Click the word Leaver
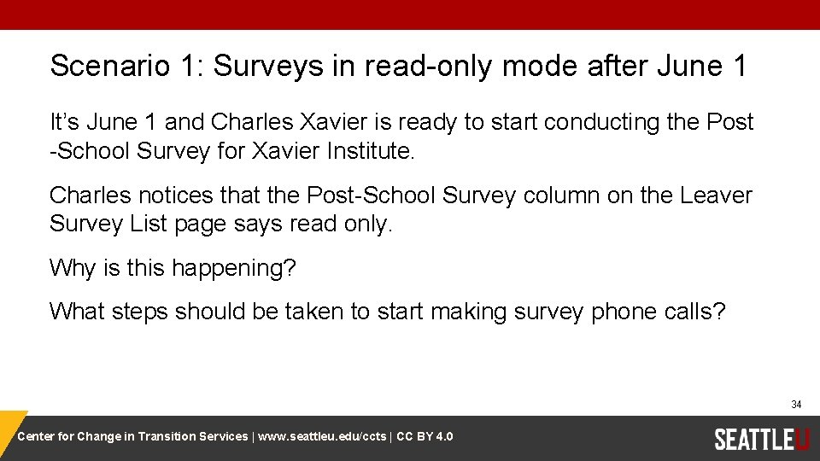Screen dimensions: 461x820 coord(716,195)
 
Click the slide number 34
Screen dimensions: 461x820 coord(795,405)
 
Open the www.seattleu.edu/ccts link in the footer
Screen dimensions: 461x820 coord(321,437)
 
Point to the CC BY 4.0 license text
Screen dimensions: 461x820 coord(425,437)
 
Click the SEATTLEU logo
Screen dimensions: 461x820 coord(761,439)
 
